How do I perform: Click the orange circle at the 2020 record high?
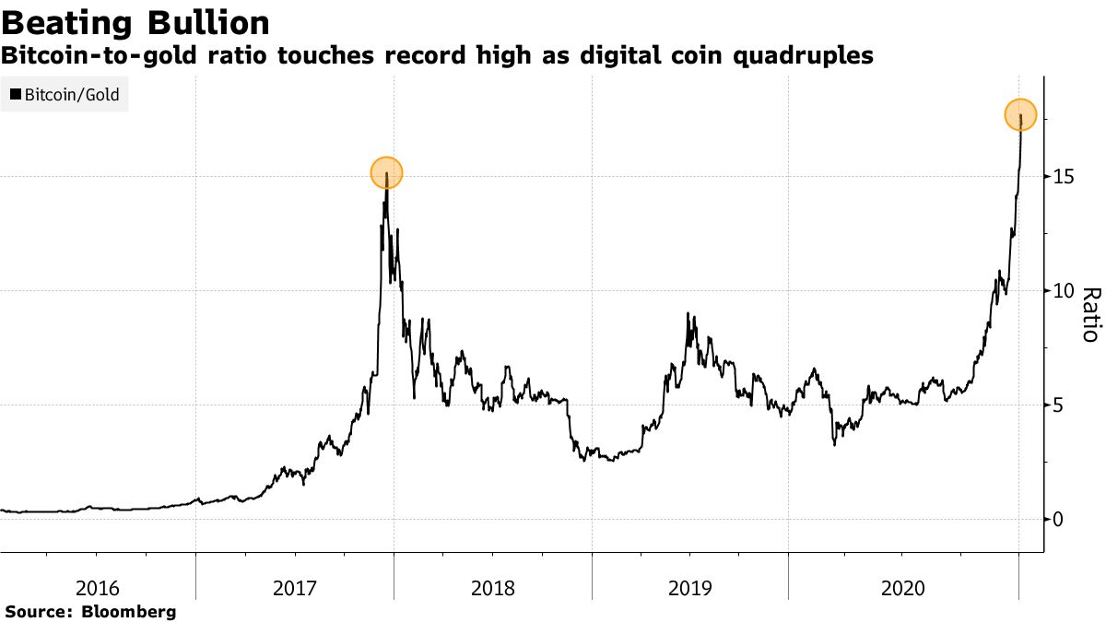click(1020, 115)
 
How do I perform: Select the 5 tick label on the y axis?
click(1060, 405)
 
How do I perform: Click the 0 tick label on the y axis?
click(1060, 519)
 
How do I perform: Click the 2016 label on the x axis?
click(98, 588)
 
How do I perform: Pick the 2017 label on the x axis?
click(295, 588)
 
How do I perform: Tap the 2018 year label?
click(492, 588)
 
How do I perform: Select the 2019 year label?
click(689, 588)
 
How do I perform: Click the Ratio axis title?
click(1089, 314)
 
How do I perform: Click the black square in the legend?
click(15, 94)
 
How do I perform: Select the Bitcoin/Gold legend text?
click(71, 94)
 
